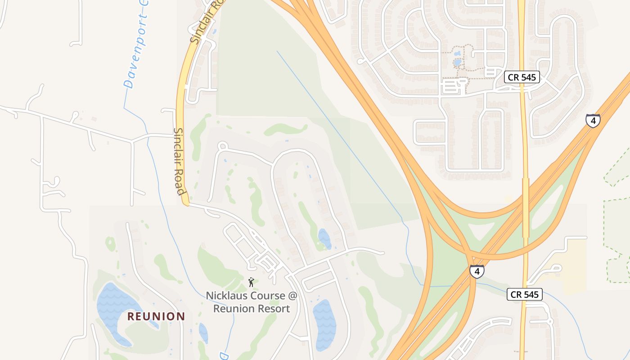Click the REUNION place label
pos(156,316)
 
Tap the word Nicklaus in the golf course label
pos(223,296)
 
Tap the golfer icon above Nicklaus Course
pos(251,282)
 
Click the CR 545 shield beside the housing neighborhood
pos(522,77)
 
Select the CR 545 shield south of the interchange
pos(524,295)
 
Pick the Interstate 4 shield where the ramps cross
pos(477,271)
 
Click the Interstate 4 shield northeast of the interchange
pos(593,121)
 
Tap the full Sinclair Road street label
pos(180,162)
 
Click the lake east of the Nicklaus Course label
pos(325,324)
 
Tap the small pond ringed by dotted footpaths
pos(458,63)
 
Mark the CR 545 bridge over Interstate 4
pos(526,207)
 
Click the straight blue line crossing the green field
pos(342,135)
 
